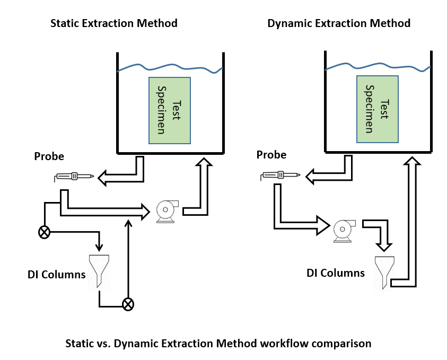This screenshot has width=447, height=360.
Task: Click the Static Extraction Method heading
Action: [113, 23]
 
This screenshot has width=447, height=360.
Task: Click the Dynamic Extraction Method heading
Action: [339, 23]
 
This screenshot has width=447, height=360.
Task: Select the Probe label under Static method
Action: [49, 156]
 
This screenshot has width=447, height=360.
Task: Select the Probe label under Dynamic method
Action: [271, 155]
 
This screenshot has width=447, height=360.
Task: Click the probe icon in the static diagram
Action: [74, 176]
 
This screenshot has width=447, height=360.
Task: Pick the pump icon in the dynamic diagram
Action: [345, 229]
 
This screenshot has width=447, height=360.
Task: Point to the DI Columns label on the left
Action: [57, 275]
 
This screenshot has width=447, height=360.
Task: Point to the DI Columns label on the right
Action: [336, 273]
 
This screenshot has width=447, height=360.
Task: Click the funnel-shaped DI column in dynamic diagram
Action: [383, 271]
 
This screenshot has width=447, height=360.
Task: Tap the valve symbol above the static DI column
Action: [45, 232]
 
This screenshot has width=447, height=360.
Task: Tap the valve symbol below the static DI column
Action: [128, 304]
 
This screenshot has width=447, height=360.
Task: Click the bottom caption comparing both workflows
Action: [218, 343]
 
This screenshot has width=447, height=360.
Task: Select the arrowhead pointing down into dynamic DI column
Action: [383, 245]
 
